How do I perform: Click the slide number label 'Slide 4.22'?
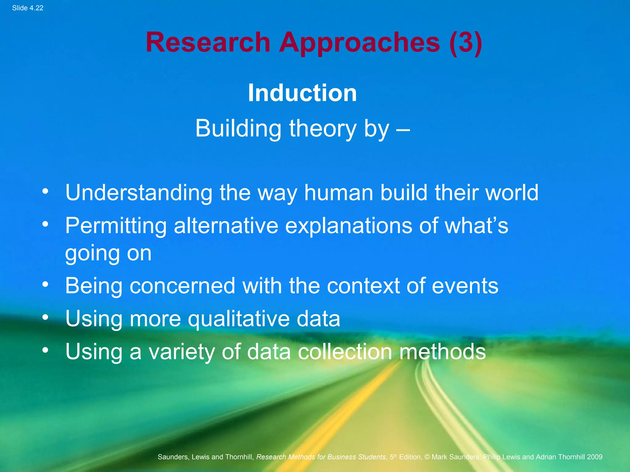[28, 8]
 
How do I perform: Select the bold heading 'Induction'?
[302, 93]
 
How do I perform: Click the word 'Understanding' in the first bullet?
[139, 193]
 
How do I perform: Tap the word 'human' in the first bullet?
[338, 193]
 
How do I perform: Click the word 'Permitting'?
[116, 226]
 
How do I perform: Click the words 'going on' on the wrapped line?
[108, 254]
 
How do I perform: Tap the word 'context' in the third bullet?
[363, 286]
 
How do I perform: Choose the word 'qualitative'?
[238, 319]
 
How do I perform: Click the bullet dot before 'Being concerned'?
[46, 285]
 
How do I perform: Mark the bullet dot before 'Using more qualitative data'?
[46, 317]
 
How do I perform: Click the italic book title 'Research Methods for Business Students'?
[321, 457]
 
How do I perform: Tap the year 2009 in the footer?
[594, 457]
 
